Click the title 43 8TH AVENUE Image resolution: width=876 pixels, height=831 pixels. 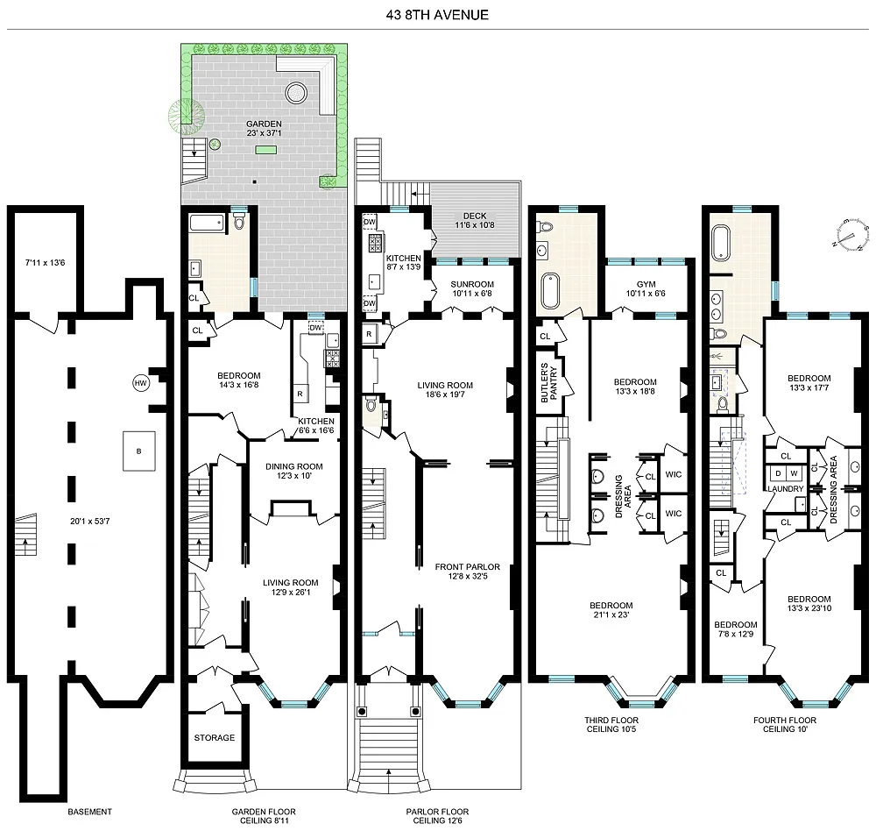(437, 15)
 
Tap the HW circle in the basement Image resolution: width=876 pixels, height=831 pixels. (141, 383)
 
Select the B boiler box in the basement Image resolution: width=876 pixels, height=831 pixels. (139, 451)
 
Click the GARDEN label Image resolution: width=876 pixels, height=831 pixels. (264, 124)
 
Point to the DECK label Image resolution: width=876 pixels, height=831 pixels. (475, 216)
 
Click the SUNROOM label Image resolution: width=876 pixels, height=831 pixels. (472, 284)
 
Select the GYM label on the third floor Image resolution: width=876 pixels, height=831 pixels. (646, 284)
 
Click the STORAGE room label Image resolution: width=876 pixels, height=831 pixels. (215, 737)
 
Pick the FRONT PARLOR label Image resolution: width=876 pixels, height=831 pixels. (468, 566)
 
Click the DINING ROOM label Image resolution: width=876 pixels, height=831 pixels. (293, 466)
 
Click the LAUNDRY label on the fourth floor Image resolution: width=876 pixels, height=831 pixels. (786, 489)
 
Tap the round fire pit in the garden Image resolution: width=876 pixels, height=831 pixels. (295, 93)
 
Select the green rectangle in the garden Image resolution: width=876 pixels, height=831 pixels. (265, 149)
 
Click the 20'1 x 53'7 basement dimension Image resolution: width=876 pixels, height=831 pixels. (90, 522)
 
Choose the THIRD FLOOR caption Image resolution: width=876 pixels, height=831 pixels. (611, 721)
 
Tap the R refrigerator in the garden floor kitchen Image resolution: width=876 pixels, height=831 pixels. (300, 394)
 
